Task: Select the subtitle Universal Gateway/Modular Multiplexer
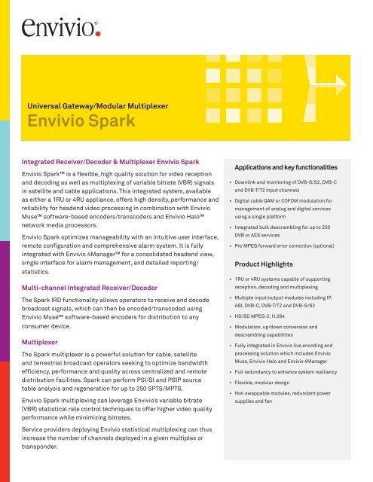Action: click(x=104, y=104)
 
